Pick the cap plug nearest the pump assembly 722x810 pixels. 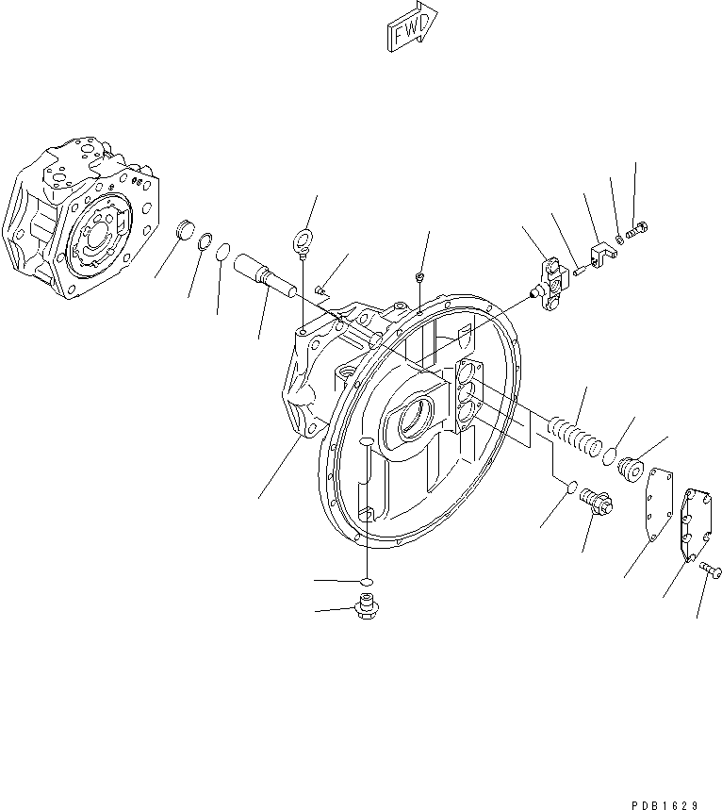pos(185,230)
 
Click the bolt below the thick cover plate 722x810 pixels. pos(711,570)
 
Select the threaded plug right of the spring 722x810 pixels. pos(631,468)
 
